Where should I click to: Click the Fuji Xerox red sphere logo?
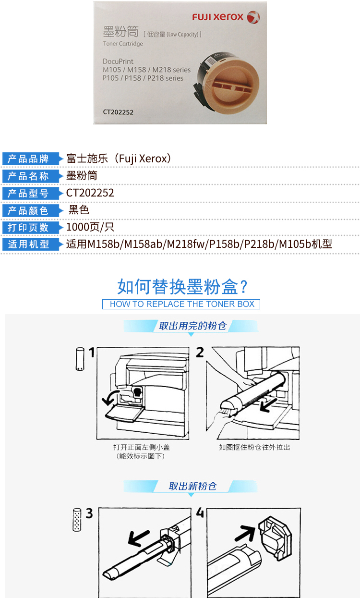click(x=253, y=17)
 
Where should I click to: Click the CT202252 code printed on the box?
click(x=118, y=112)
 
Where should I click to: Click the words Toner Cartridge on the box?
click(x=123, y=44)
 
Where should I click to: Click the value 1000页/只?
click(x=90, y=227)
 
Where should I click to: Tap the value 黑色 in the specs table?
click(x=78, y=210)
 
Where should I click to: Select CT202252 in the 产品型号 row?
click(x=90, y=193)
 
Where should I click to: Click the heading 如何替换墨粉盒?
click(x=183, y=287)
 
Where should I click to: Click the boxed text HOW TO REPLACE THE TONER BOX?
click(x=182, y=304)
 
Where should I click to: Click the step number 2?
click(x=200, y=353)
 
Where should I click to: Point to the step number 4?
click(x=200, y=513)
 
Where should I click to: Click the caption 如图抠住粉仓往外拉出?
click(x=254, y=448)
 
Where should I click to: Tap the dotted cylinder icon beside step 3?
click(x=77, y=520)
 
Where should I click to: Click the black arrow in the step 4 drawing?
click(x=245, y=533)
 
